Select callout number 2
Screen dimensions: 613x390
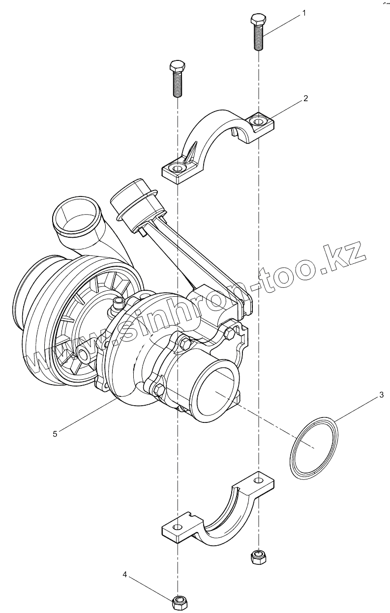click(x=305, y=98)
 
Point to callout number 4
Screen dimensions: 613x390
click(x=125, y=574)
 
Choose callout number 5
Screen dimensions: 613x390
click(x=55, y=433)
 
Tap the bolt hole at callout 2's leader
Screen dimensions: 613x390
click(x=257, y=120)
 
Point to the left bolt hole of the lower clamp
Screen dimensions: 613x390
click(x=178, y=528)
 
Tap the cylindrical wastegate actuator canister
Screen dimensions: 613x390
click(x=133, y=201)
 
